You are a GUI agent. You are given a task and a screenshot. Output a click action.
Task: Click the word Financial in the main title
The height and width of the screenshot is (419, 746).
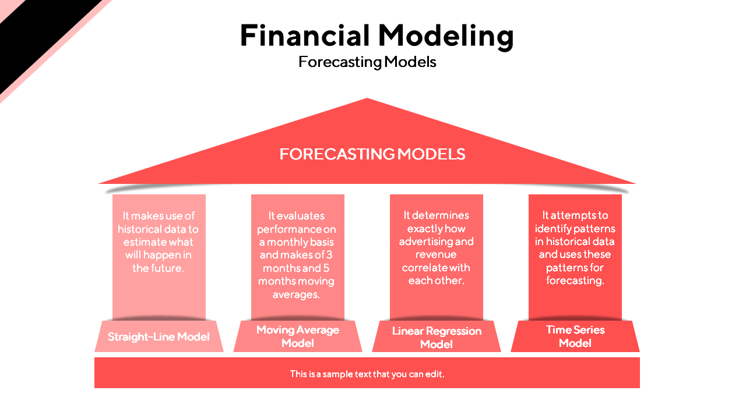[304, 35]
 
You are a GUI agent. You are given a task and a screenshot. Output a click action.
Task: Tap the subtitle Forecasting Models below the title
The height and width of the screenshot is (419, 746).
[367, 62]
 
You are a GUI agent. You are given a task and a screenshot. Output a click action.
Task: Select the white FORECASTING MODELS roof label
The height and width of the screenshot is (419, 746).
[372, 154]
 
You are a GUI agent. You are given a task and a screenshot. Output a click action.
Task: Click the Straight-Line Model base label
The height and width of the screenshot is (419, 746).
[159, 337]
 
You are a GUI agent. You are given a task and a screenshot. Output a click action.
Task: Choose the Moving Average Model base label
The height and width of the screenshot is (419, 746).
[298, 336]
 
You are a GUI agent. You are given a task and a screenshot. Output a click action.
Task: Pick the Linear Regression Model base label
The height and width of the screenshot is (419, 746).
[437, 338]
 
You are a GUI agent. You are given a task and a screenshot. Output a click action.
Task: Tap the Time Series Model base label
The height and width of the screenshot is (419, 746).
[575, 336]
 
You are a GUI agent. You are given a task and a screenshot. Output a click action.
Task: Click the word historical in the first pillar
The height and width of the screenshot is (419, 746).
[145, 229]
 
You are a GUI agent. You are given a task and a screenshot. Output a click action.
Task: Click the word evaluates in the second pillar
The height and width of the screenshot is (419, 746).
[297, 216]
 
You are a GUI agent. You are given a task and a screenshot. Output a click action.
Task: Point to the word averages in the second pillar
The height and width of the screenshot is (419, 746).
[296, 294]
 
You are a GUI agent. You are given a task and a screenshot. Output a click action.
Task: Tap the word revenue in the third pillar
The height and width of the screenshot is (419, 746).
[436, 254]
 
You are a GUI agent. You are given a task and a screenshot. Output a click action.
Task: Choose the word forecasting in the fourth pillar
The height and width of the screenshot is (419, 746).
[575, 280]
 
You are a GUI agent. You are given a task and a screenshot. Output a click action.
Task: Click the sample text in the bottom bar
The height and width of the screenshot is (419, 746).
[367, 374]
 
